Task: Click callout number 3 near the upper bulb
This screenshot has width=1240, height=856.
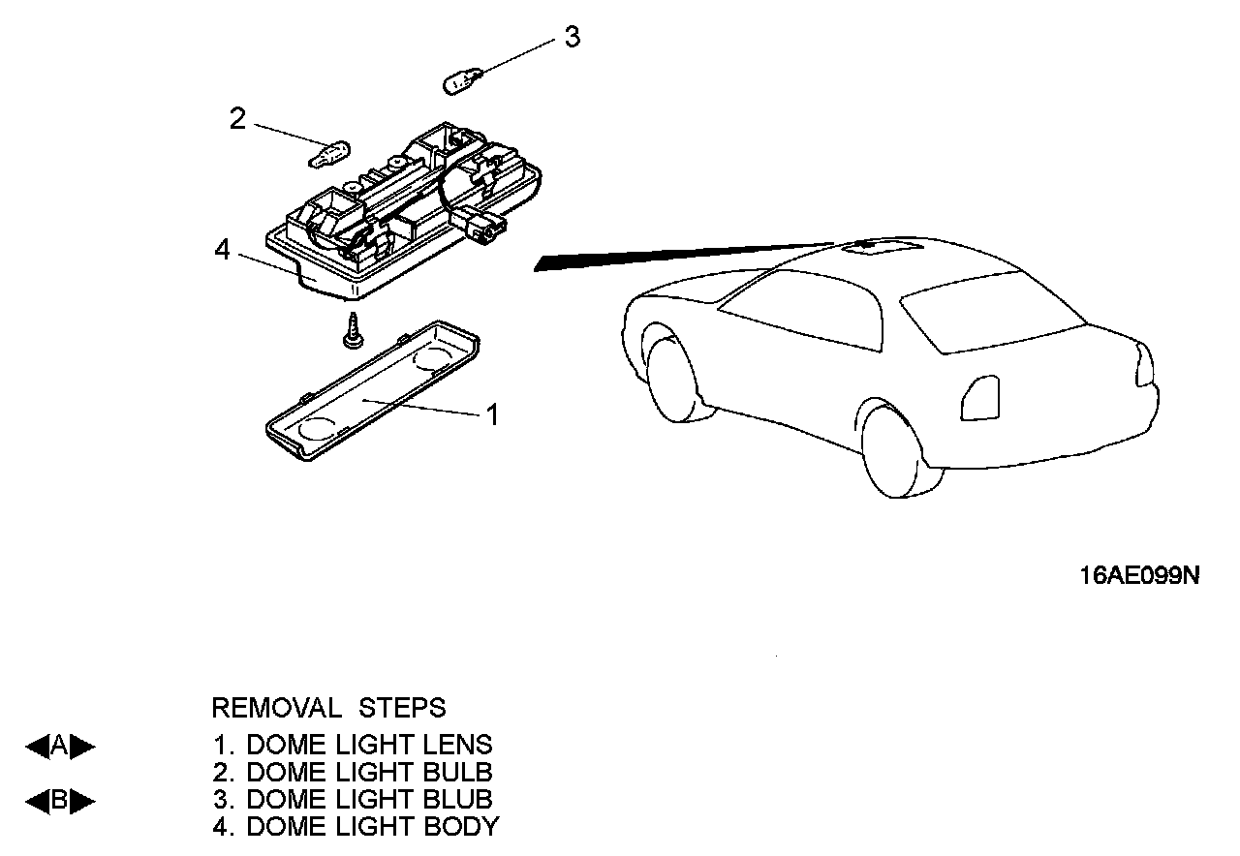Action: tap(573, 38)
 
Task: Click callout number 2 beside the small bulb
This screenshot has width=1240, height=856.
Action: tap(237, 119)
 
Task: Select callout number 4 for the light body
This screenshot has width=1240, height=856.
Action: tap(223, 251)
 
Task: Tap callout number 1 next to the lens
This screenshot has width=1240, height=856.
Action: tap(492, 415)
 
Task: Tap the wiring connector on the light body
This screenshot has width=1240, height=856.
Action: tap(485, 228)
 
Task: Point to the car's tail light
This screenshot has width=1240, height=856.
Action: tap(980, 397)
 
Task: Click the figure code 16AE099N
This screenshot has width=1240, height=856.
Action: tap(1139, 576)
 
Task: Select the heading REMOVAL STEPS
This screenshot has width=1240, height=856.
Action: tap(328, 708)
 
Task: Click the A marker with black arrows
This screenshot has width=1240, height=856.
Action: tap(60, 746)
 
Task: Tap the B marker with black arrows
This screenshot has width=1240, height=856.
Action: tap(60, 801)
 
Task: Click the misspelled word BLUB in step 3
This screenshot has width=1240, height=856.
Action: tap(458, 800)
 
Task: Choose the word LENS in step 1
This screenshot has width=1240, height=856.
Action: tap(458, 745)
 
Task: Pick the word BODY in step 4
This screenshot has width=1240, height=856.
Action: tap(461, 827)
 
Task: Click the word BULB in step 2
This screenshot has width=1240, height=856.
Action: tap(458, 773)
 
